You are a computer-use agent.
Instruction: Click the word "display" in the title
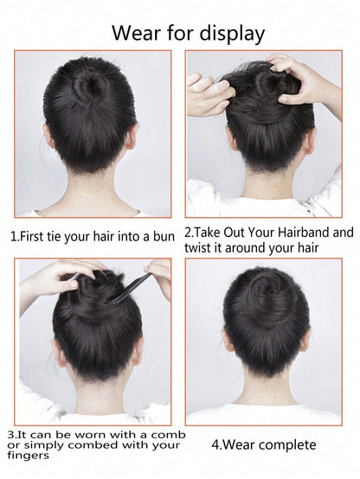[232, 33]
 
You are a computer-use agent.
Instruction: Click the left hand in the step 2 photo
[207, 94]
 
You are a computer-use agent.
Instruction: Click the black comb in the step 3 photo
[132, 288]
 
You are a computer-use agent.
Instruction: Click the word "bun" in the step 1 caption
[164, 236]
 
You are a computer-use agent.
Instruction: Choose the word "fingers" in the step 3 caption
[28, 456]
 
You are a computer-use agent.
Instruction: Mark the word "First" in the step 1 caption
[32, 236]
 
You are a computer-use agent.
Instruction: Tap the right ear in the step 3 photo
[138, 351]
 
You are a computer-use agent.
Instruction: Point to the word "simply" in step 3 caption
[44, 445]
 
